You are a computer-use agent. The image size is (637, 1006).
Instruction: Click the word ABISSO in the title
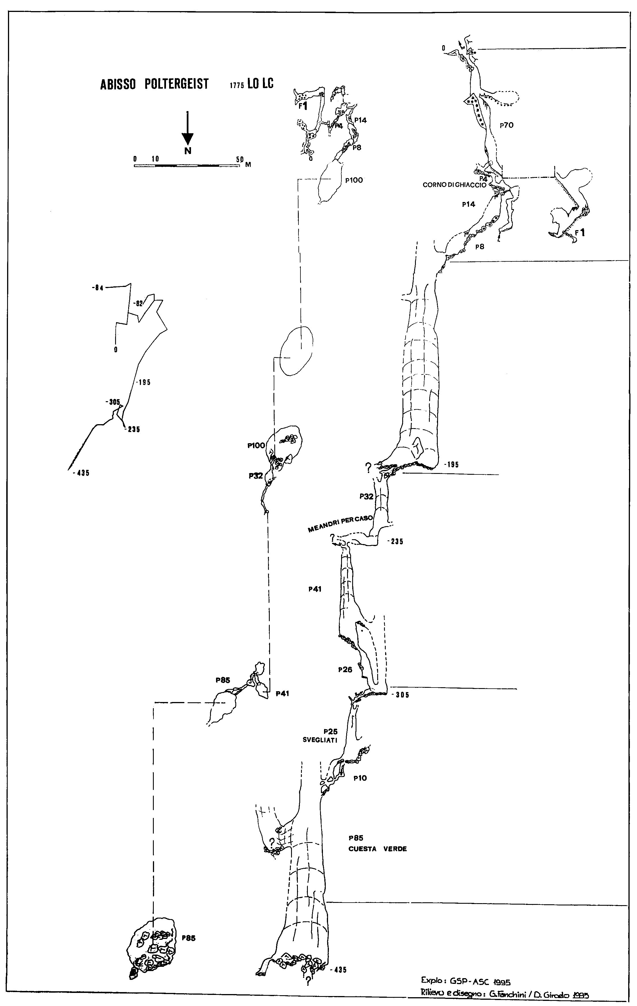[118, 84]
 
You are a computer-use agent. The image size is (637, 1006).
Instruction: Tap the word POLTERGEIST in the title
[177, 84]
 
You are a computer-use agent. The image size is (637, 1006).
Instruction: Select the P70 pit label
[506, 125]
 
